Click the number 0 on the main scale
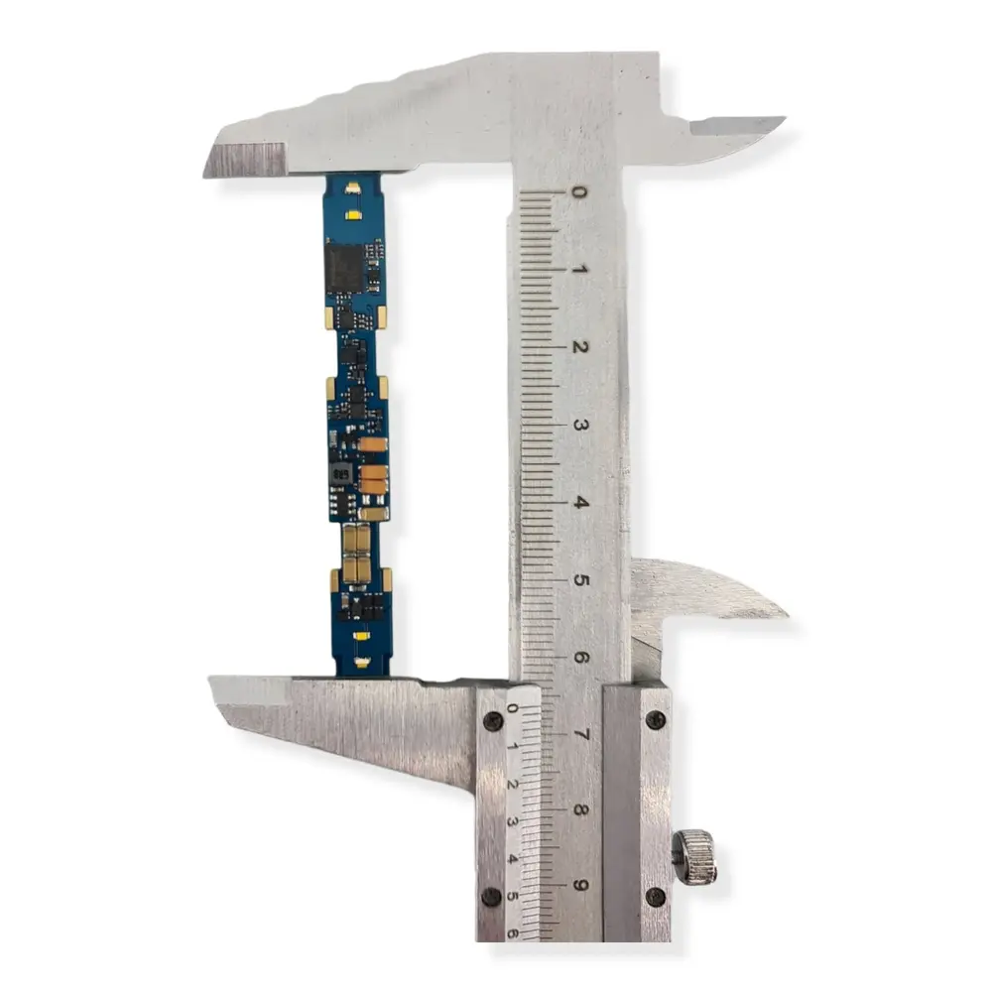(x=582, y=192)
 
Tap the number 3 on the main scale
(x=582, y=425)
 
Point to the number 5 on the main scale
(x=582, y=579)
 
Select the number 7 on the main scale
(x=582, y=734)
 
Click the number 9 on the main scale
(x=582, y=886)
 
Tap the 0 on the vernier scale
(x=512, y=708)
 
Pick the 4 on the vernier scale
(x=512, y=859)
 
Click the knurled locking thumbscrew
(x=693, y=856)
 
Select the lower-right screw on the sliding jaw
(x=655, y=896)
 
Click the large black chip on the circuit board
(x=344, y=266)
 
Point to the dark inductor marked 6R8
(x=341, y=474)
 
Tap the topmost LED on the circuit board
(x=352, y=186)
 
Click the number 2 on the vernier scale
(x=512, y=784)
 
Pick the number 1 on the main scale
(x=582, y=270)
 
